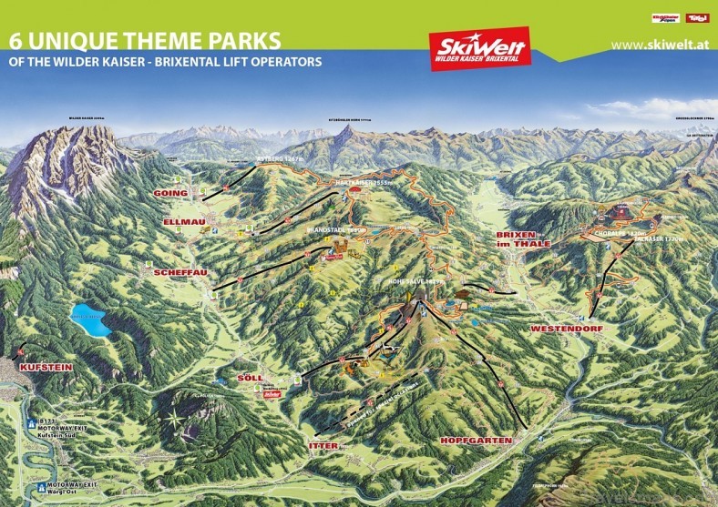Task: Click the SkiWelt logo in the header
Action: click(479, 48)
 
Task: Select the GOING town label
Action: click(172, 194)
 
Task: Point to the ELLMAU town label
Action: click(175, 221)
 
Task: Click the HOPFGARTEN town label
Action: click(475, 440)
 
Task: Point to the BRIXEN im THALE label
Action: click(521, 238)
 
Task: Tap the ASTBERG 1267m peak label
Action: click(279, 159)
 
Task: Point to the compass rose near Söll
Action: click(172, 421)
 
